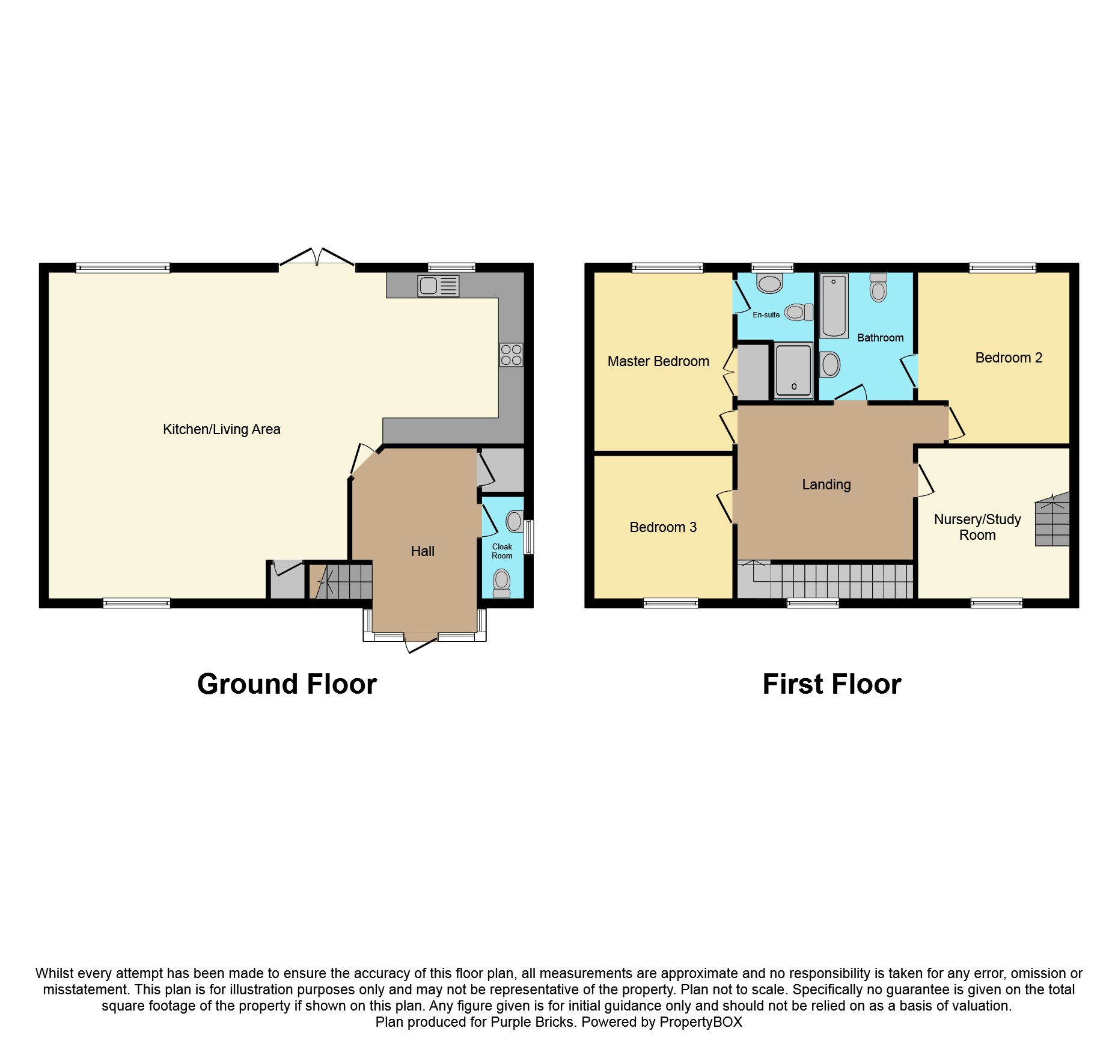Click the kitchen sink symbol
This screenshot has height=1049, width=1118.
[438, 286]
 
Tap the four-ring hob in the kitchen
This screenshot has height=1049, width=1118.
[511, 355]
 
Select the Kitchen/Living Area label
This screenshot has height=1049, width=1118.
[221, 429]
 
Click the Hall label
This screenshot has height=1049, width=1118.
[423, 551]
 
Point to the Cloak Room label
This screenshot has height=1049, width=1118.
[502, 551]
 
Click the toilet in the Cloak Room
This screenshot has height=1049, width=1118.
[501, 584]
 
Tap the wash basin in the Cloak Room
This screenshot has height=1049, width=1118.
[515, 521]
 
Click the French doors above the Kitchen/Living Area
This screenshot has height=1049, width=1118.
[317, 257]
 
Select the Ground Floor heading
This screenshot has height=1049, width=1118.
[287, 684]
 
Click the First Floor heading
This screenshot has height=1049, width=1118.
[831, 684]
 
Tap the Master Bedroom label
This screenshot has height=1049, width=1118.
[658, 361]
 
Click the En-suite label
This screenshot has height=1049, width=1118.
[766, 315]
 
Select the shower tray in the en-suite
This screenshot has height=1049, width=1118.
[793, 370]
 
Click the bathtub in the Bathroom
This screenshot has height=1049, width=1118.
[834, 305]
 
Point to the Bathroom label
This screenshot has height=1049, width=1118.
[880, 338]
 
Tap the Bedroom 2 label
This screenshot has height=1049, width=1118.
[1008, 358]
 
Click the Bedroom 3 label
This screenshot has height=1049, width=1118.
[663, 527]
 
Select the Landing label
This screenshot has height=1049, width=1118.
[826, 485]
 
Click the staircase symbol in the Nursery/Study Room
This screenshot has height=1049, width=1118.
[1052, 519]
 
